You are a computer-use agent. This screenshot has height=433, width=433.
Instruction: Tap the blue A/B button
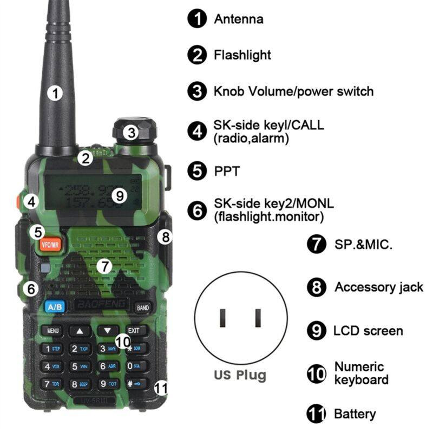[55, 307]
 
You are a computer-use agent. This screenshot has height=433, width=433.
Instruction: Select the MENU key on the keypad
[53, 330]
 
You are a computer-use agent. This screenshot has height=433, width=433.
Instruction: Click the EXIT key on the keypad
[133, 330]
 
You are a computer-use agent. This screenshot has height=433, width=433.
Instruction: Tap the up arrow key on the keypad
[80, 330]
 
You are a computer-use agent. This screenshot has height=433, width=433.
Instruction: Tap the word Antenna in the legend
[239, 19]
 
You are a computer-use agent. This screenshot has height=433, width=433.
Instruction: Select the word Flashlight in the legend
[242, 55]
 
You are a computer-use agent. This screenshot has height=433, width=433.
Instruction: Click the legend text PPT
[227, 172]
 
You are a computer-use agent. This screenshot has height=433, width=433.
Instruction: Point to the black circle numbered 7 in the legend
[317, 244]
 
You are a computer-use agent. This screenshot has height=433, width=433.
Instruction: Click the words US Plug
[240, 375]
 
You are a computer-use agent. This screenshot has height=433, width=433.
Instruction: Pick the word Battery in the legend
[355, 414]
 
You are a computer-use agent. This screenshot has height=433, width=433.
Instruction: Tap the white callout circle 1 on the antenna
[55, 93]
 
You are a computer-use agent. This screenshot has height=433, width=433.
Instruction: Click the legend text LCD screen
[368, 331]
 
